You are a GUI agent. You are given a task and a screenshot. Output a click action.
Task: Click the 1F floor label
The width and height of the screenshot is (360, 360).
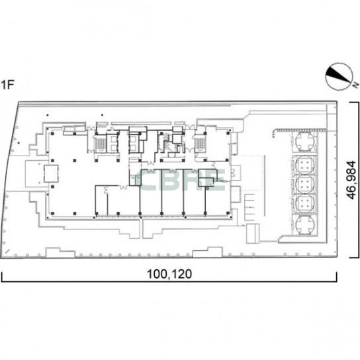click(x=7, y=85)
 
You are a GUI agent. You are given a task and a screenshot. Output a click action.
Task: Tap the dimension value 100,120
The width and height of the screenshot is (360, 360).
click(x=169, y=274)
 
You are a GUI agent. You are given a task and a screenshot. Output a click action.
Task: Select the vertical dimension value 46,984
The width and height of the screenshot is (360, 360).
click(x=351, y=180)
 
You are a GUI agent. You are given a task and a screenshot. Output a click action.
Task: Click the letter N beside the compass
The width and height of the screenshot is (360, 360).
click(x=355, y=85)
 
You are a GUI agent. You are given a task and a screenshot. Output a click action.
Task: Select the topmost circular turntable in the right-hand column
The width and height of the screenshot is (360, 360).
click(x=304, y=141)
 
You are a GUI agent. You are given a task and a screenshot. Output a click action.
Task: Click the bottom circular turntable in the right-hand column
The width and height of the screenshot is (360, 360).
click(x=304, y=225)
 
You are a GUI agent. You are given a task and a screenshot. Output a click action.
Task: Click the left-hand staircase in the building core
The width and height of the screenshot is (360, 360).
click(x=100, y=144)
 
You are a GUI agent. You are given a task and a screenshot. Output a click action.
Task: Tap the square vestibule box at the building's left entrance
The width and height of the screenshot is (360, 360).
click(x=51, y=173)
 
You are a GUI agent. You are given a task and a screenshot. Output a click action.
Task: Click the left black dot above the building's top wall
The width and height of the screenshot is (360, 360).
click(x=48, y=115)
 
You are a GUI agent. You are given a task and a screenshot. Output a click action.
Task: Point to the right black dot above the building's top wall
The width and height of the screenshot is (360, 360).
click(x=102, y=115)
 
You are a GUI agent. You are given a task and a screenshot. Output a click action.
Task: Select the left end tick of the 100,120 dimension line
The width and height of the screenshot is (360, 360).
click(x=2, y=277)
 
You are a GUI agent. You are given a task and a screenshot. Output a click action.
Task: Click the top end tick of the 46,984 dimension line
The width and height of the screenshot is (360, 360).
click(x=354, y=102)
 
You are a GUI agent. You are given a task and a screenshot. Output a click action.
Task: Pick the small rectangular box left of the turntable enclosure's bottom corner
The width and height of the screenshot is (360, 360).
click(x=253, y=233)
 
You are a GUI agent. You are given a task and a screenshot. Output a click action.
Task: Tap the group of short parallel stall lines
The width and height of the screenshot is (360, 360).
click(x=249, y=207)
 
